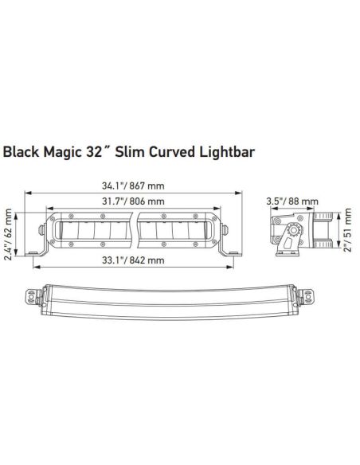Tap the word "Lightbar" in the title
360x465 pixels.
228,150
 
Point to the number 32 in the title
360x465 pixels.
105,150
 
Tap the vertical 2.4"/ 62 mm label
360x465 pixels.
9,229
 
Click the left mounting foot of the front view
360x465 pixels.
37,252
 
